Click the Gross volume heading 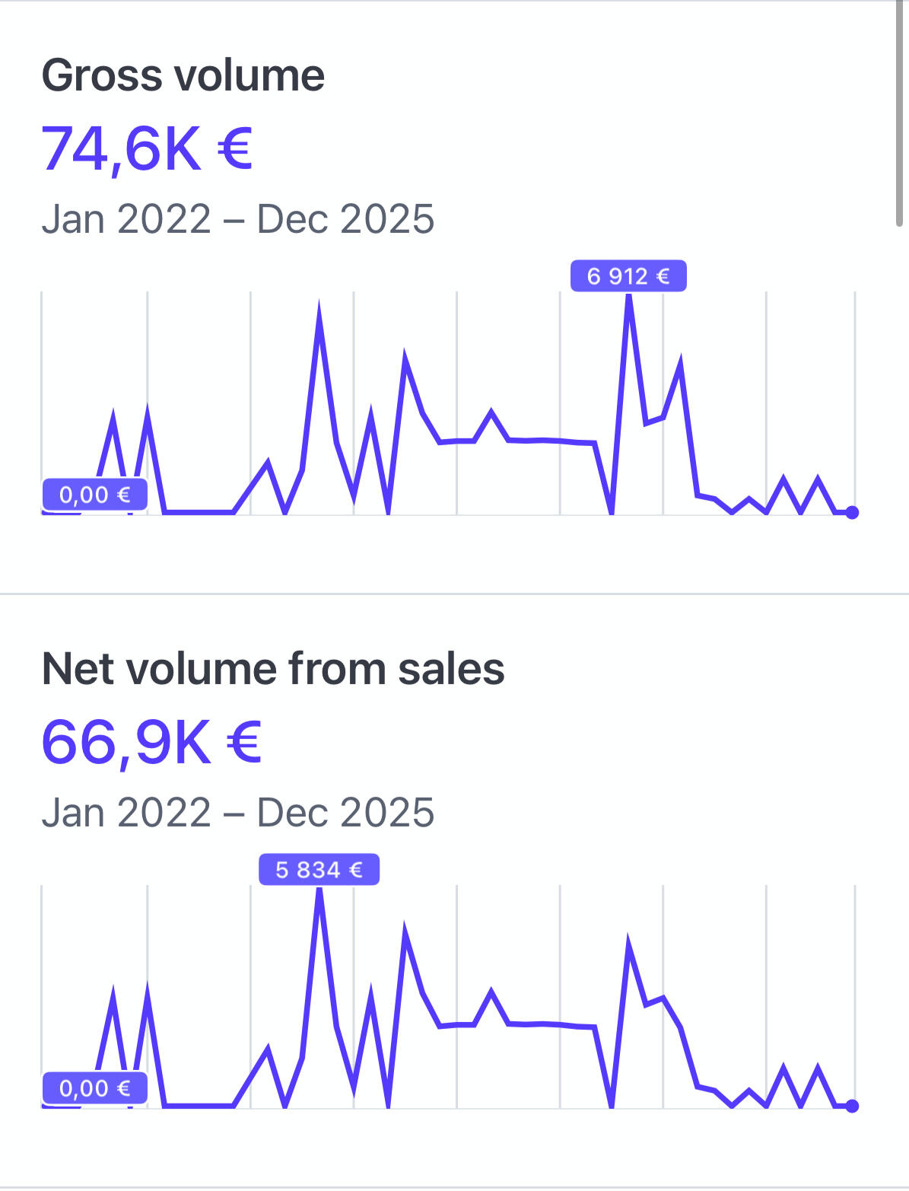(183, 76)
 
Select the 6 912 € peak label (628, 275)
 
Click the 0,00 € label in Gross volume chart (94, 495)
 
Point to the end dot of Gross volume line (852, 512)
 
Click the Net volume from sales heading (273, 669)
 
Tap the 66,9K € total (151, 742)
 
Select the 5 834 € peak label (319, 869)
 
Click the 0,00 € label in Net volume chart (94, 1088)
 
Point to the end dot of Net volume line (852, 1106)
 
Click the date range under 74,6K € (237, 219)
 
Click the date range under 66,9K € (237, 813)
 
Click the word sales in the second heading (451, 669)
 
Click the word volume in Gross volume (249, 76)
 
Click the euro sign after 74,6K (234, 148)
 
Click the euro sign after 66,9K (243, 742)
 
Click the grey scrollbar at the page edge (899, 114)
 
